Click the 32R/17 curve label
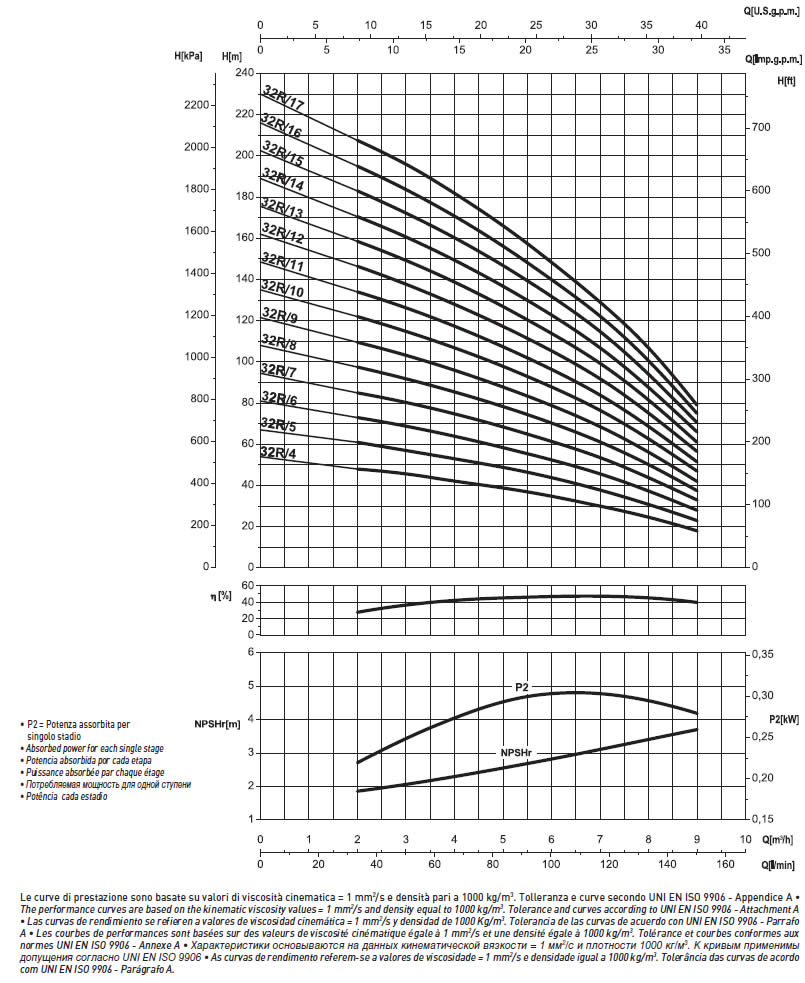click(283, 98)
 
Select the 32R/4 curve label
click(278, 453)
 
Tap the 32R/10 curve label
click(282, 289)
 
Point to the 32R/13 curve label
click(282, 209)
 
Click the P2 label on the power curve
click(522, 687)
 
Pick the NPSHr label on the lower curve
click(515, 752)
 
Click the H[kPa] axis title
click(188, 56)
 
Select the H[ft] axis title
click(786, 81)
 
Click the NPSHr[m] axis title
click(218, 725)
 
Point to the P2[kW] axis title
click(784, 719)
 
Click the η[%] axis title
click(221, 596)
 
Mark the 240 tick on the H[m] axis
click(245, 73)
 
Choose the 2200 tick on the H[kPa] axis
click(197, 105)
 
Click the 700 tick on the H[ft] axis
click(761, 127)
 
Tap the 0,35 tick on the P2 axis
click(763, 654)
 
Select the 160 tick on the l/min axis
click(725, 864)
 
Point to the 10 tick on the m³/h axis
click(745, 839)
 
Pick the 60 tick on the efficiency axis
click(248, 586)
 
